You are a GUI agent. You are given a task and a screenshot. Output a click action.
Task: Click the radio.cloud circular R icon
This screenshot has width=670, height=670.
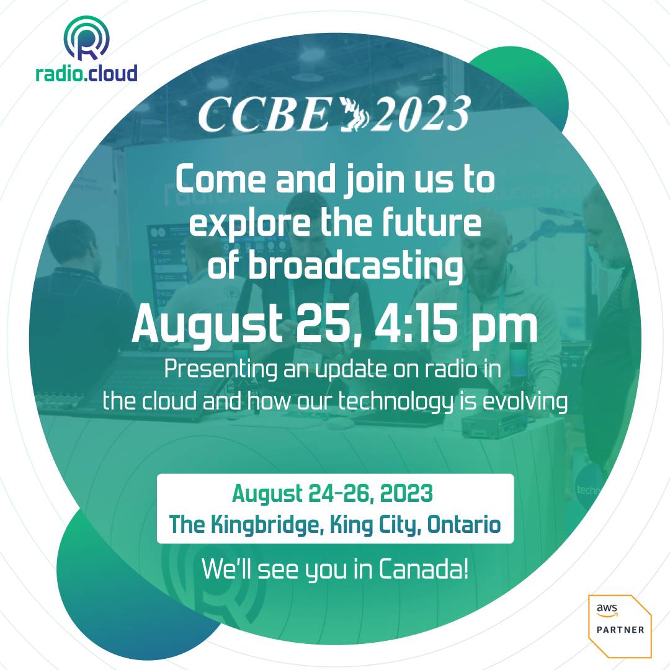pyautogui.click(x=87, y=38)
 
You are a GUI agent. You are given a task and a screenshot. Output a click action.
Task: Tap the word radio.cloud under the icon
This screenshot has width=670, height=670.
pyautogui.click(x=86, y=73)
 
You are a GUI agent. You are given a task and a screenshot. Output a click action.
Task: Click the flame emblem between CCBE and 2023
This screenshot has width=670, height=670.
pyautogui.click(x=354, y=115)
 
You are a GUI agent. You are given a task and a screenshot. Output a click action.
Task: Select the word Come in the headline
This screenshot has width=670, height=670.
pyautogui.click(x=221, y=179)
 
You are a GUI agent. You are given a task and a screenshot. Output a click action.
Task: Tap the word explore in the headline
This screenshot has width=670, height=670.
pyautogui.click(x=250, y=223)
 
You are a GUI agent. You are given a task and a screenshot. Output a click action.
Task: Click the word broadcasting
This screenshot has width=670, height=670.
pyautogui.click(x=356, y=266)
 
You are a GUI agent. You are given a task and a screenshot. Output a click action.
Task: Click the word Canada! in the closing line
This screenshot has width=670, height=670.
pyautogui.click(x=423, y=569)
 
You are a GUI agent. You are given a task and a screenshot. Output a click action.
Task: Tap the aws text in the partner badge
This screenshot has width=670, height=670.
pyautogui.click(x=607, y=609)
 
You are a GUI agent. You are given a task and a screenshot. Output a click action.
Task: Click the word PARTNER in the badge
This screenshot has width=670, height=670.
pyautogui.click(x=620, y=630)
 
